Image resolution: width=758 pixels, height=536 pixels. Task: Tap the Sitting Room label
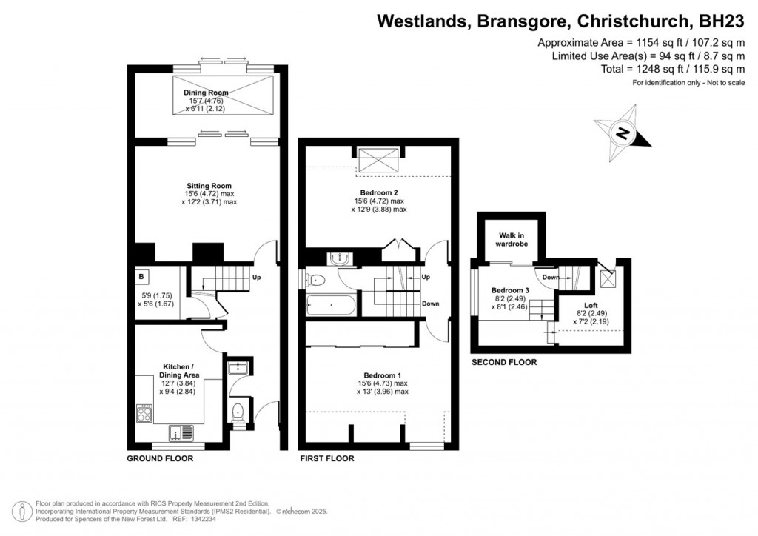(209, 186)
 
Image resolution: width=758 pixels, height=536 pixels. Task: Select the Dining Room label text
(206, 93)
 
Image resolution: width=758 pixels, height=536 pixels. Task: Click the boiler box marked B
(141, 277)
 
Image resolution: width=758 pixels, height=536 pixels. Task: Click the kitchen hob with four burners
(145, 413)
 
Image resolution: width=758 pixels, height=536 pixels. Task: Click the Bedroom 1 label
(381, 375)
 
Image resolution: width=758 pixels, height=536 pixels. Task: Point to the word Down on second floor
(550, 278)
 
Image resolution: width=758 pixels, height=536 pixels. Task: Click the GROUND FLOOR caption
(159, 459)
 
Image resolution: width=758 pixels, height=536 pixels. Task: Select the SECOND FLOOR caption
(504, 363)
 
